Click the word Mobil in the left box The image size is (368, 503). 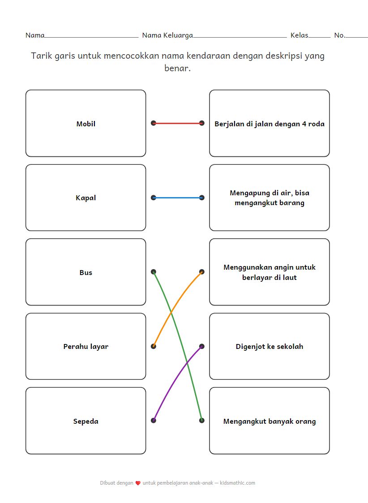(86, 124)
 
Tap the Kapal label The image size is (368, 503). (86, 198)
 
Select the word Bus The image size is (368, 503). (86, 273)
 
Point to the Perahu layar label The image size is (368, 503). (86, 347)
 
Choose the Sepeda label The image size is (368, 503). (86, 421)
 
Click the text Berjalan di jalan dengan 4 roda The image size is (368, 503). (269, 124)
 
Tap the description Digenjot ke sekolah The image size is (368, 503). (269, 347)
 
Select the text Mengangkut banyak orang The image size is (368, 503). (269, 421)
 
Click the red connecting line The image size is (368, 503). (178, 123)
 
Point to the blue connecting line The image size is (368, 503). (178, 198)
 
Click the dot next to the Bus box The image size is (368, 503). (154, 272)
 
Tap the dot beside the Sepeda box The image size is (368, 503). (154, 421)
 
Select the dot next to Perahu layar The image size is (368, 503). (154, 346)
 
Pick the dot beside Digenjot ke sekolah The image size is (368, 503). (202, 346)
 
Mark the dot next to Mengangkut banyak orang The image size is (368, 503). (202, 421)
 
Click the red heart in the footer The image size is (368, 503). (138, 483)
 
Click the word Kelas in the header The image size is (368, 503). (299, 35)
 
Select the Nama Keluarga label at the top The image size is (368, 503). (167, 35)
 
